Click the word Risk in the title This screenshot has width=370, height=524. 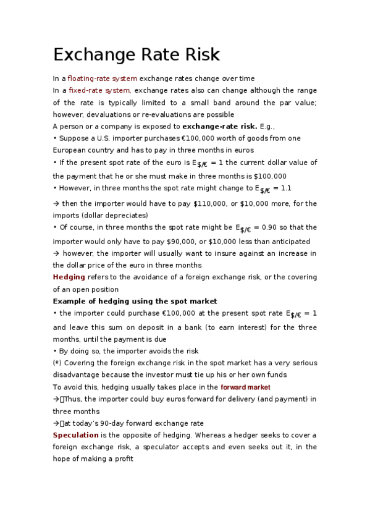click(x=199, y=54)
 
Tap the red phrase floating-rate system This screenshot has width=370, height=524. click(x=103, y=78)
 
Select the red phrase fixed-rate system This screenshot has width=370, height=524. click(x=99, y=90)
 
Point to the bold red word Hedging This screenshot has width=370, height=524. click(x=69, y=277)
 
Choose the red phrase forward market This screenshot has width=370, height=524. click(x=245, y=387)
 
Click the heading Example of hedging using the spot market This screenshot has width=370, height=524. click(x=135, y=301)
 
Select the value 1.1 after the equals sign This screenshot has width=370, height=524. click(x=286, y=187)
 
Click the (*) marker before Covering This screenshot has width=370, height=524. click(x=57, y=363)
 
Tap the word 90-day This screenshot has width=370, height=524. click(x=124, y=423)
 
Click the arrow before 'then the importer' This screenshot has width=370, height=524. click(x=56, y=203)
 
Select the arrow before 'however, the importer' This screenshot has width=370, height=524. click(x=56, y=253)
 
